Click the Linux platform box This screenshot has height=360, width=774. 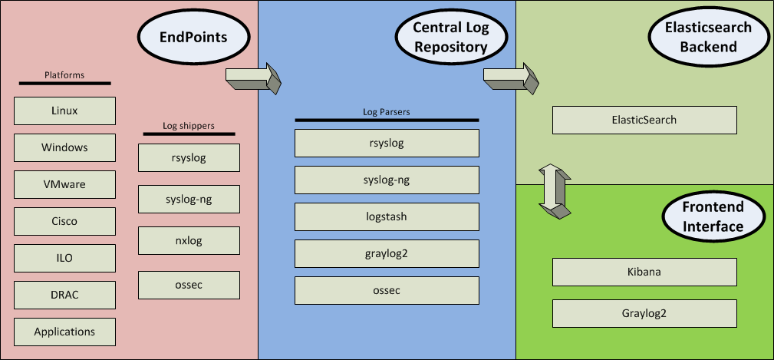[x=64, y=111]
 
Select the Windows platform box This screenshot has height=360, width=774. [x=64, y=147]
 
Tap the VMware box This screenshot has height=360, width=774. [x=64, y=184]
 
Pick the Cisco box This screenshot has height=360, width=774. [x=64, y=221]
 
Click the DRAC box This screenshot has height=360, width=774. [x=64, y=295]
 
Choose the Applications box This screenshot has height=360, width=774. [x=64, y=332]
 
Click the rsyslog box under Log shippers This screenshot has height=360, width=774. [x=189, y=159]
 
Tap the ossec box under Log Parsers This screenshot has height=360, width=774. [x=387, y=290]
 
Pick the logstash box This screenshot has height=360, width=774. [x=387, y=216]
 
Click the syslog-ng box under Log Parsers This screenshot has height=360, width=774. [x=387, y=180]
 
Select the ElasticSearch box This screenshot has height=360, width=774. [x=644, y=120]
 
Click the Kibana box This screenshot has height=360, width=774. [x=644, y=272]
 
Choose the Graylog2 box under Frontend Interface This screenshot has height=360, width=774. [x=644, y=313]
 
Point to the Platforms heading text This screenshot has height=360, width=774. [x=64, y=75]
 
